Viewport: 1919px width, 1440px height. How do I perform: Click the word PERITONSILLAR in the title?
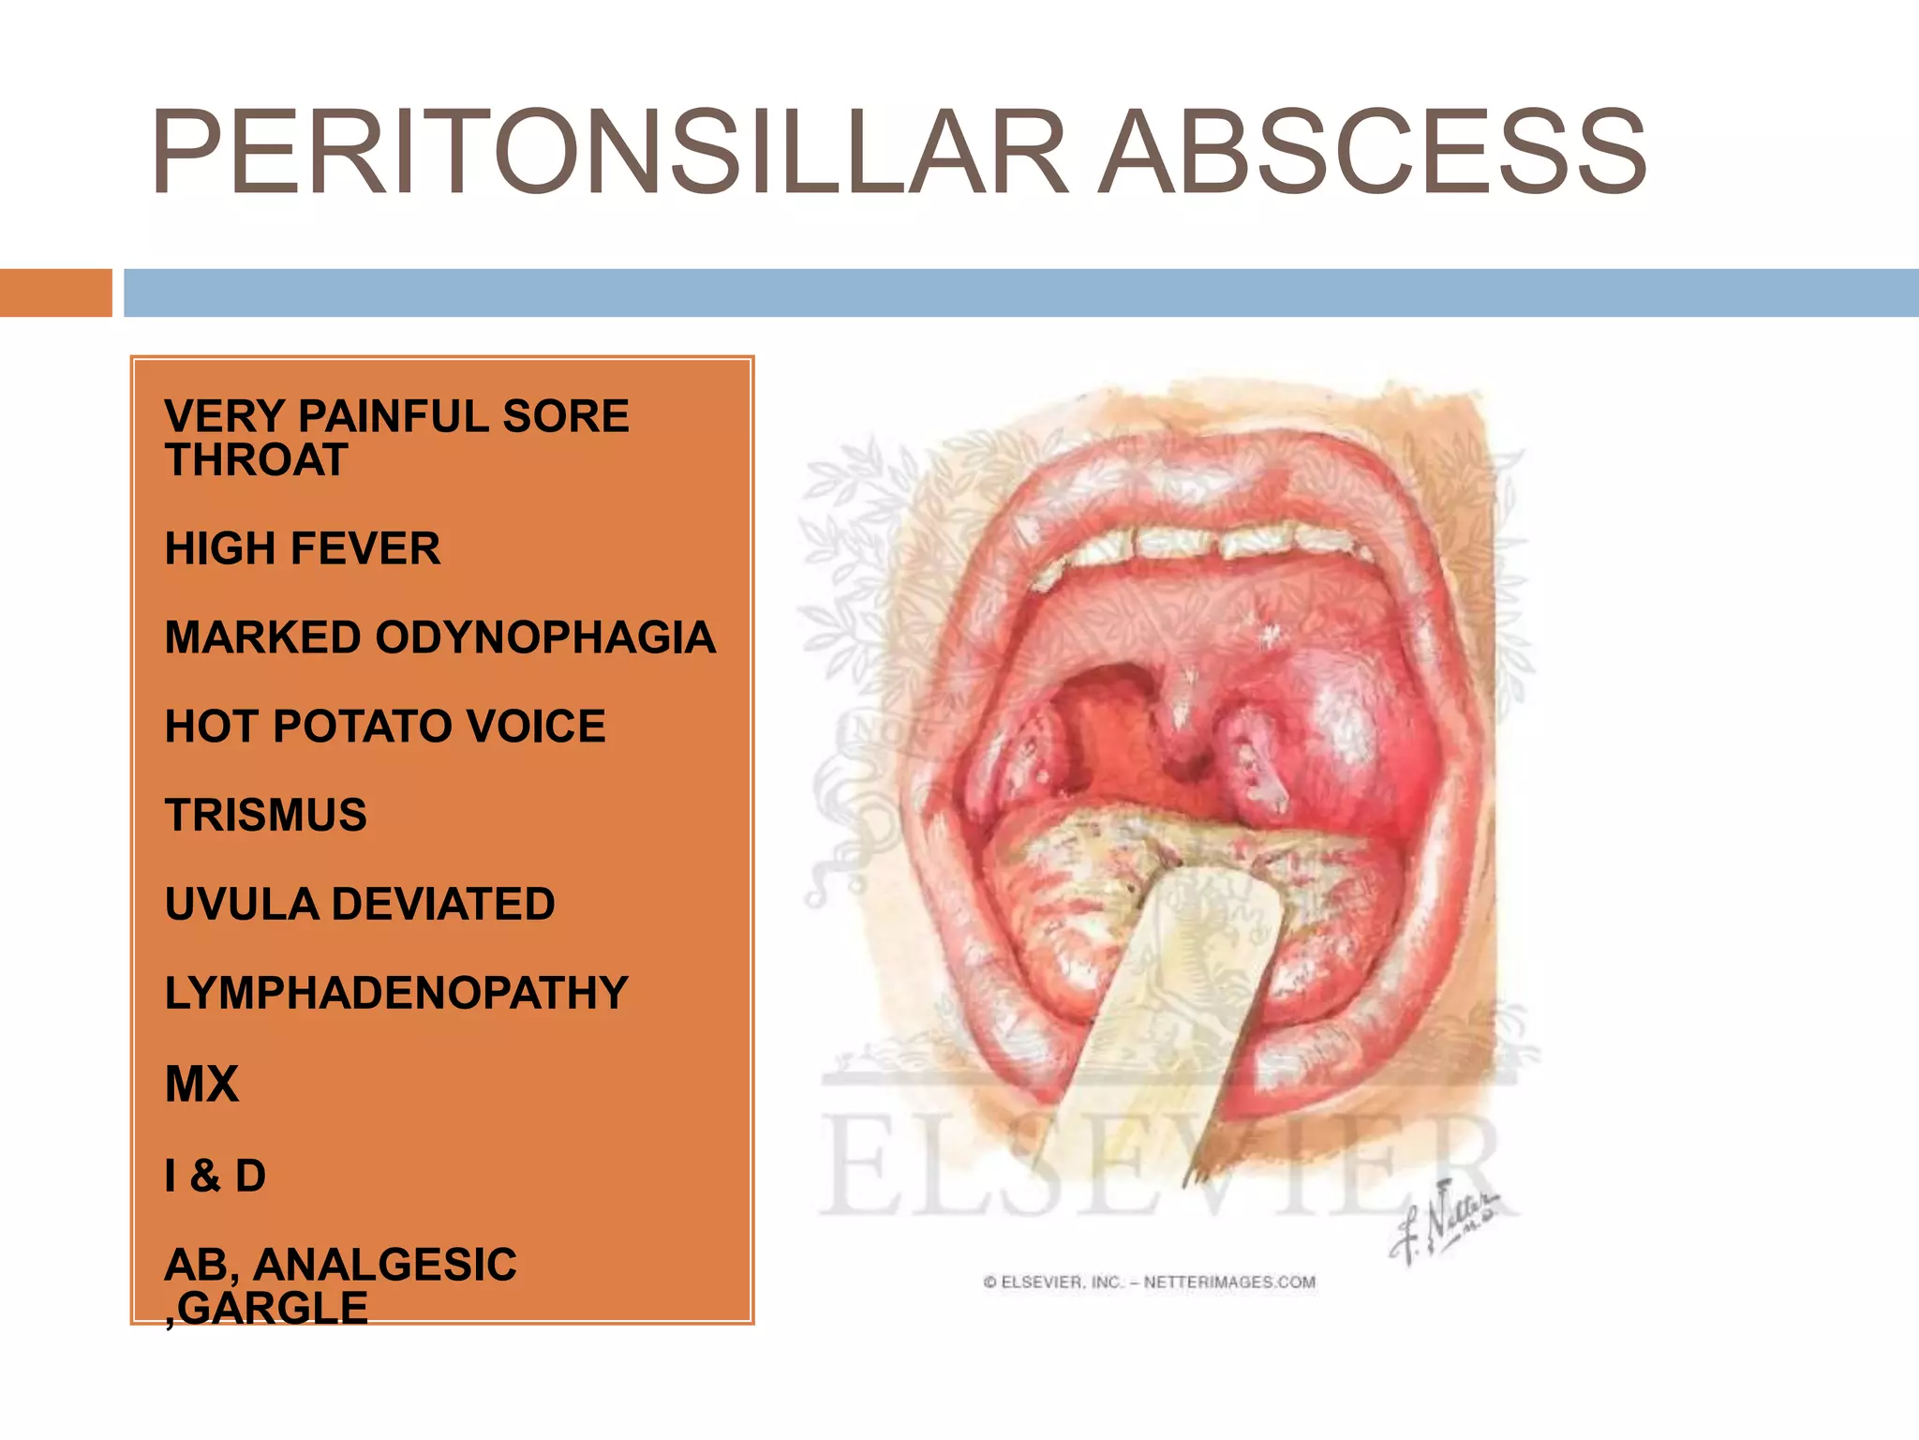[609, 152]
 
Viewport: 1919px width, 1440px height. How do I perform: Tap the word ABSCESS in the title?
[1373, 152]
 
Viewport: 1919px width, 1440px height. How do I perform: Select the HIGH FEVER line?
[302, 548]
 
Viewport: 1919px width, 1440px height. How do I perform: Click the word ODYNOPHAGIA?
[545, 637]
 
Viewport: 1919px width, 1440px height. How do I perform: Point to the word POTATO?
[362, 727]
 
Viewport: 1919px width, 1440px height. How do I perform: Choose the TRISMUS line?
[266, 815]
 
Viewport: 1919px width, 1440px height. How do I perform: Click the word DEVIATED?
[443, 904]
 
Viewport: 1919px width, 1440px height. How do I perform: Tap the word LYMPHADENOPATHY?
[396, 993]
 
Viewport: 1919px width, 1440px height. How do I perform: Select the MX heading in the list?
[201, 1084]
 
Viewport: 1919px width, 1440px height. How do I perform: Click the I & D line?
[216, 1176]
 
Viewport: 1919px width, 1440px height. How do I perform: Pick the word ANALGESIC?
[385, 1265]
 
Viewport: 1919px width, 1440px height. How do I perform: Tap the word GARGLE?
[273, 1309]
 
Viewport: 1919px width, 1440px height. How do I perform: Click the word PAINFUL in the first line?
[395, 416]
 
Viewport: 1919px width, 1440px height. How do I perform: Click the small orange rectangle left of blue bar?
[55, 292]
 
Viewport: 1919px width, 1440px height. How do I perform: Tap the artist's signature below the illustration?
[1443, 1223]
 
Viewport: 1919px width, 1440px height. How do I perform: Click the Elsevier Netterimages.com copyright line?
[1150, 1282]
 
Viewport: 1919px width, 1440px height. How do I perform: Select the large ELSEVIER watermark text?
[1162, 1167]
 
